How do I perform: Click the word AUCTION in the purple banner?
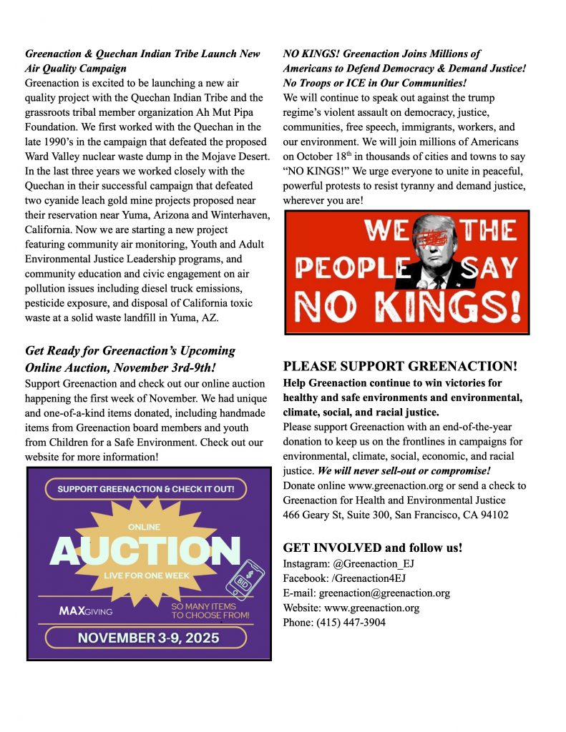click(x=145, y=551)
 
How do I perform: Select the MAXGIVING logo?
click(x=85, y=611)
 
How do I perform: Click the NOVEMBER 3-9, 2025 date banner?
click(x=148, y=638)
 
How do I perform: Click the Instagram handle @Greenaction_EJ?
click(x=374, y=564)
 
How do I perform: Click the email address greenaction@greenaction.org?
click(x=384, y=593)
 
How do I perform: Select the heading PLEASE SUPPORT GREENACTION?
click(x=400, y=367)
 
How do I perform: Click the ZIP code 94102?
click(x=493, y=514)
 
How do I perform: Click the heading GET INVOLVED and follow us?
click(x=373, y=548)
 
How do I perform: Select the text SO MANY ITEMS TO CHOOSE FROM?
click(x=210, y=610)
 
